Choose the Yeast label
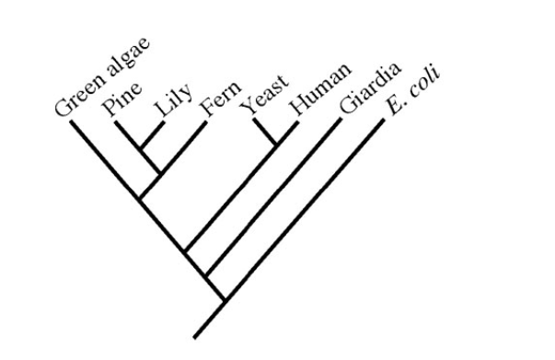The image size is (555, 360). click(264, 99)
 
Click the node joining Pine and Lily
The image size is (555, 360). click(140, 147)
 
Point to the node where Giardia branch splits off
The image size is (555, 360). click(205, 275)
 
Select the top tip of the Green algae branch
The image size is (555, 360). click(71, 121)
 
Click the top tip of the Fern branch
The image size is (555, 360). click(204, 122)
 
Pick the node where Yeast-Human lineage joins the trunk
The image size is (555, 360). click(186, 250)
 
